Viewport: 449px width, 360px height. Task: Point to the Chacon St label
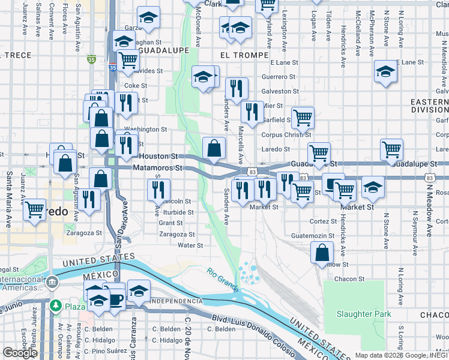349,279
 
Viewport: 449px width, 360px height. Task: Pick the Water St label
190,245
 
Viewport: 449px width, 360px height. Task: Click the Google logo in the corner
20,353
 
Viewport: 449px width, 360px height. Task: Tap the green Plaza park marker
56,306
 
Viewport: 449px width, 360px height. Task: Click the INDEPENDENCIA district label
178,300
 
